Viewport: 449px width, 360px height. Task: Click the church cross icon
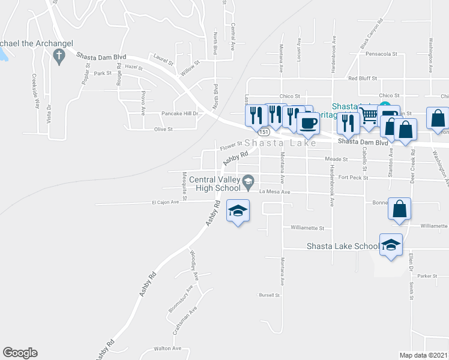click(59, 57)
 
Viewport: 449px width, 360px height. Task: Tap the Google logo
click(20, 353)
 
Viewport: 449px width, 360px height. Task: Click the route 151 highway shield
click(264, 131)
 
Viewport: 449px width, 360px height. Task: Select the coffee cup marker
click(308, 122)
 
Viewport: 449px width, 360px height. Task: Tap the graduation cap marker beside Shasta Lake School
click(391, 244)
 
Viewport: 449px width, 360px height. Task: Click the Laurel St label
click(163, 59)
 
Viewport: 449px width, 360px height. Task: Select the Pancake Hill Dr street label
click(179, 113)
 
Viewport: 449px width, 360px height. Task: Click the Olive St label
click(163, 129)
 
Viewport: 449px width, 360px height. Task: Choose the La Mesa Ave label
click(274, 192)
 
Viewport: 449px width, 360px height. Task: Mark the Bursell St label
click(269, 295)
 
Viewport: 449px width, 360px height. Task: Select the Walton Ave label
click(167, 348)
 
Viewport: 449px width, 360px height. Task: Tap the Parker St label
click(426, 276)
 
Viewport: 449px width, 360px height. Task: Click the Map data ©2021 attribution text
click(423, 355)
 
